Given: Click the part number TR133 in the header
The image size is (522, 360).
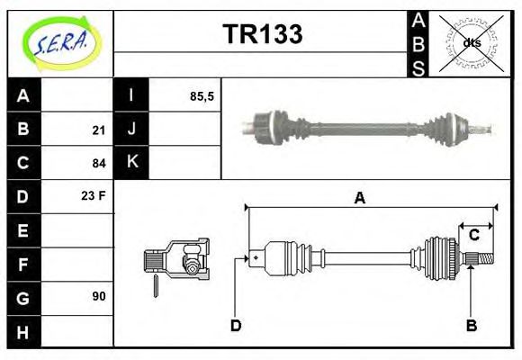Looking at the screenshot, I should (262, 34).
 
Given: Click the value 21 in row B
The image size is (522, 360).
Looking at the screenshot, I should (98, 130).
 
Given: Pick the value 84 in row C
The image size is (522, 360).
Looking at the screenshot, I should (98, 164).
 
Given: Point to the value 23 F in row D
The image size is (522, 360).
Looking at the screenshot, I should (94, 195).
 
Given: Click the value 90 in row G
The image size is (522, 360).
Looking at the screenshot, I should (98, 295).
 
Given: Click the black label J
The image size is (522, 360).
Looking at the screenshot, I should (131, 130).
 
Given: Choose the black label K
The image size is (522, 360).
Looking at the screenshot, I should (131, 163).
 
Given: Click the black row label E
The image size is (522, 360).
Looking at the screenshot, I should (23, 230).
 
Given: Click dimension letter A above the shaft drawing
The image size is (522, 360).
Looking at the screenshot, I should (359, 198).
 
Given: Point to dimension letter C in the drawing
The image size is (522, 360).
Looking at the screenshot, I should (473, 236).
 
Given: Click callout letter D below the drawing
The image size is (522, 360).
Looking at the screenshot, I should (236, 325).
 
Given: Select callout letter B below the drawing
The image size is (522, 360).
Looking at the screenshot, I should (471, 325).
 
